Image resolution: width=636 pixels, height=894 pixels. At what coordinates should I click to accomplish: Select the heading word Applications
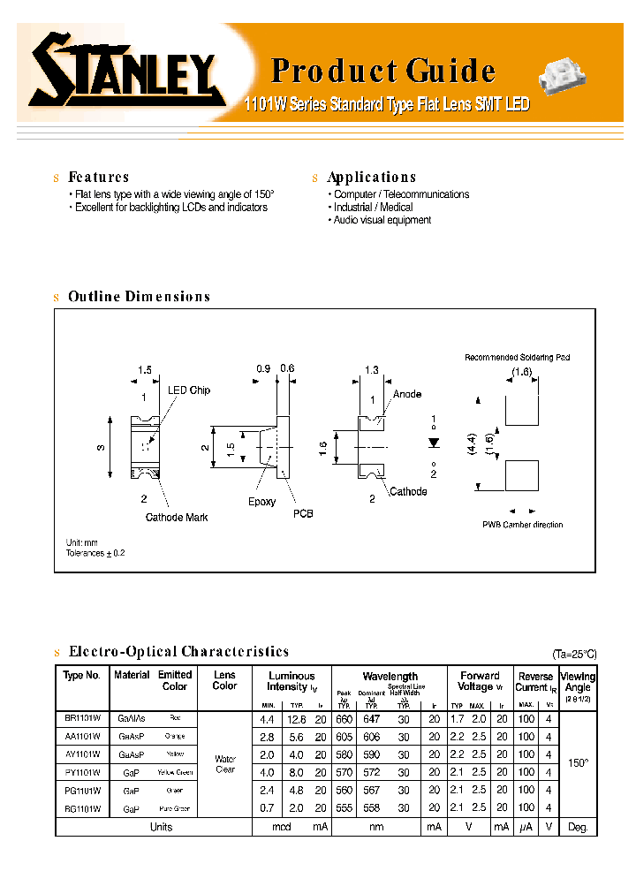371,178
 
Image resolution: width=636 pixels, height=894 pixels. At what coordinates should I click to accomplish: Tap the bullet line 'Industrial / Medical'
373,208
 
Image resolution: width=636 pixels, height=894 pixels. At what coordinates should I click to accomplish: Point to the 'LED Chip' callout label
189,390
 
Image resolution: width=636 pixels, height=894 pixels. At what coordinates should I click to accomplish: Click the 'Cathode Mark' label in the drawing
177,518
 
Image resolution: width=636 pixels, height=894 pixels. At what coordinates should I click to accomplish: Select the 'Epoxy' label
261,502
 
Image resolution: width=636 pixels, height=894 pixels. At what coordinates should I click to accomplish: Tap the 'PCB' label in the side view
303,513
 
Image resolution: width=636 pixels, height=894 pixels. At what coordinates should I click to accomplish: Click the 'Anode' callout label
407,394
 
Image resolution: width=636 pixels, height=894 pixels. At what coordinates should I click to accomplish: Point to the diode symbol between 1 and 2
433,440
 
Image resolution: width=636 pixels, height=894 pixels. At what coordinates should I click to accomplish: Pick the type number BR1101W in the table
82,719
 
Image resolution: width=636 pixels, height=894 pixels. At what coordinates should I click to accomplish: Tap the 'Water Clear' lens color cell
225,763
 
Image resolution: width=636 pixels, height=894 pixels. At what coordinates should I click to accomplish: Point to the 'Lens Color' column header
224,680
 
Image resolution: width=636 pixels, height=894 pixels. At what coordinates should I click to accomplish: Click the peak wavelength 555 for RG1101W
344,808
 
